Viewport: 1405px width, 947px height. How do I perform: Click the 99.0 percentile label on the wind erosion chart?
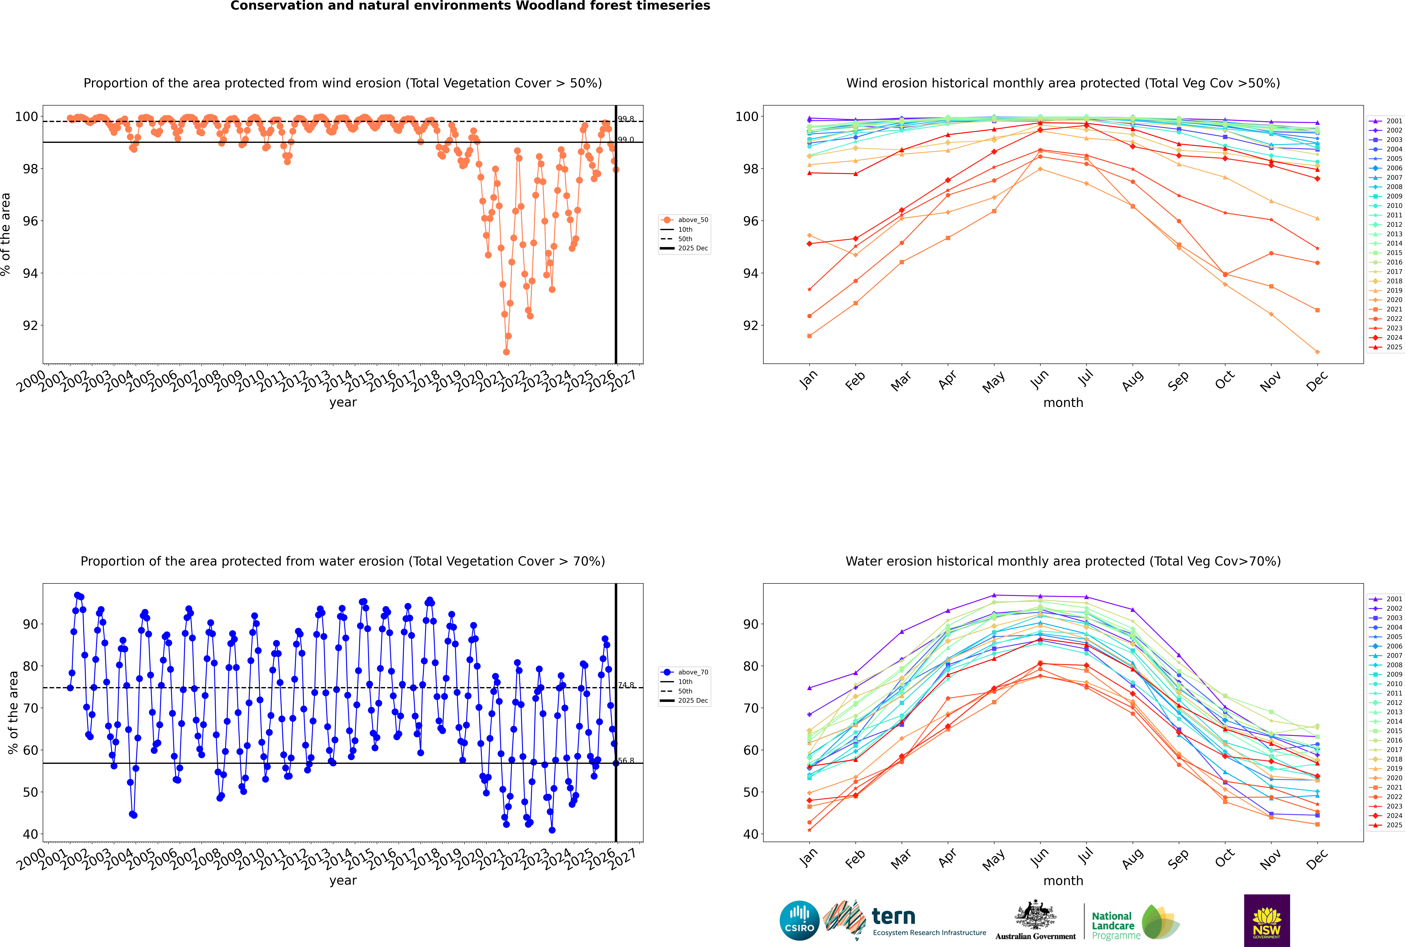pos(626,140)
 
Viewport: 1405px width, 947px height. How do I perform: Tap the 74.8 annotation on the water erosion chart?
pos(626,685)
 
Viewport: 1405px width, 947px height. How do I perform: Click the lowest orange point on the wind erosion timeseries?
pos(506,351)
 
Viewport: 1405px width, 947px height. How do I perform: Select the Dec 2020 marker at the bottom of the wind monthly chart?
pos(1317,352)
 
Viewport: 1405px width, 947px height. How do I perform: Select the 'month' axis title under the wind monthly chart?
pos(1063,403)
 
